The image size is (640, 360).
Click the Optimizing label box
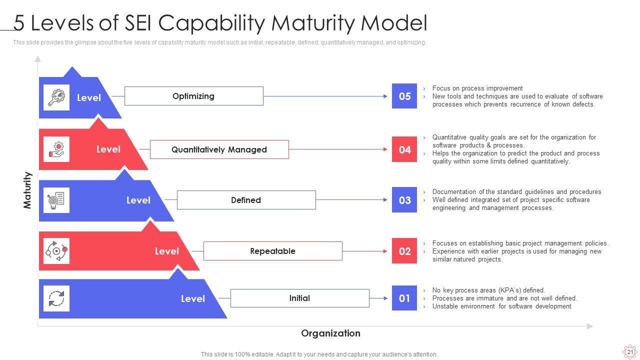pos(193,96)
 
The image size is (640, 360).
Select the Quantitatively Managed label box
pos(219,149)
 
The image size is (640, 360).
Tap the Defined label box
pos(246,200)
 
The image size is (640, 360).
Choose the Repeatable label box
pos(272,251)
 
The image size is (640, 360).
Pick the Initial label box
pos(299,298)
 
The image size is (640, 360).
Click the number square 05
pos(404,96)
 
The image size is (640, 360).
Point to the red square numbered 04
pos(404,149)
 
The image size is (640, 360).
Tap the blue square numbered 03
pos(404,200)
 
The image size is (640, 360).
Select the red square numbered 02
pos(404,251)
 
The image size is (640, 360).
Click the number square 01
pos(404,298)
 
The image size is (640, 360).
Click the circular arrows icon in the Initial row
pos(56,298)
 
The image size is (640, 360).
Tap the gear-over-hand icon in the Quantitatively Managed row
pos(56,149)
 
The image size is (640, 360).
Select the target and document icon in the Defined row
pos(56,200)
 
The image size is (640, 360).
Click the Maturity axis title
pos(27,190)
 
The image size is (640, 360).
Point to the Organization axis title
pos(330,333)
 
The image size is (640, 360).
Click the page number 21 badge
pos(630,352)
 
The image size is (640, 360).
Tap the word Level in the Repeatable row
pos(166,251)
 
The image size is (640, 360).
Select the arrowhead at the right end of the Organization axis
pos(590,326)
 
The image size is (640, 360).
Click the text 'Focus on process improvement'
pos(477,88)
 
